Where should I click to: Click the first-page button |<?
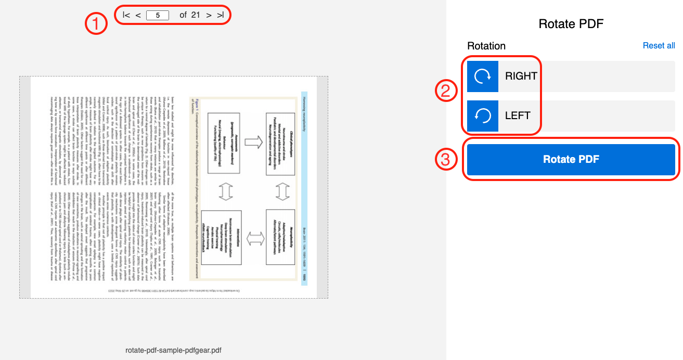[126, 15]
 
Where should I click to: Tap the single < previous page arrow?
[138, 15]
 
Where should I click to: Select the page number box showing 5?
[158, 16]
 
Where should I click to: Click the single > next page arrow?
[209, 15]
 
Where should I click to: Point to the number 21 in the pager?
[196, 15]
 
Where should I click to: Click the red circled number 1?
[96, 23]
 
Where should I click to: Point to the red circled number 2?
[446, 91]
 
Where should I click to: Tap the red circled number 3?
[446, 160]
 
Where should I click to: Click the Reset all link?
[659, 46]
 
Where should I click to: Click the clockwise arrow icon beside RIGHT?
[483, 76]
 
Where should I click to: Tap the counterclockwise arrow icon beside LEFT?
[483, 115]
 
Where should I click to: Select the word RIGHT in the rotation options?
[521, 76]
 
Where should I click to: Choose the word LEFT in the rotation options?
[518, 115]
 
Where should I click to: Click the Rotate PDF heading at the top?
[571, 24]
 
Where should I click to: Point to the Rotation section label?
[486, 46]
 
